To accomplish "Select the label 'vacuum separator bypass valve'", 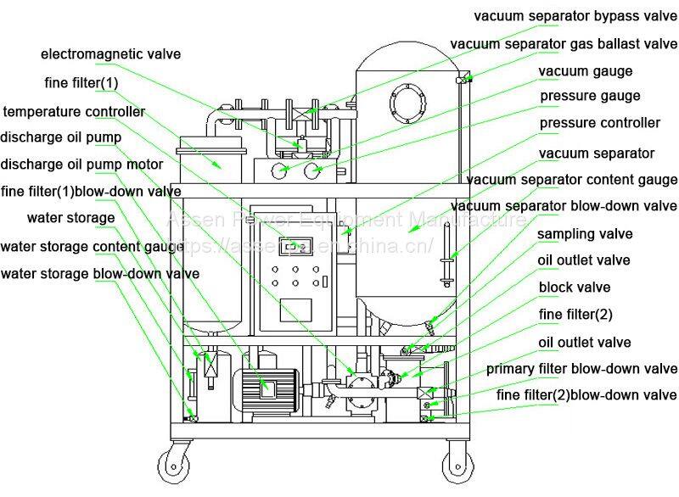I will click(575, 15).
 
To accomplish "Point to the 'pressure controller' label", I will click(600, 123).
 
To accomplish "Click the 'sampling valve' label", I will click(585, 233).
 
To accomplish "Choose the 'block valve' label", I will click(574, 288).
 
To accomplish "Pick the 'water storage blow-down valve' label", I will click(100, 273).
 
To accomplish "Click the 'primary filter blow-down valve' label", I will click(581, 369).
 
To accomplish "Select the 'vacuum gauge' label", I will click(586, 71).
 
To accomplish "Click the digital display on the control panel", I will click(296, 248).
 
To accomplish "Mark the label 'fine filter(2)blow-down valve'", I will click(586, 395).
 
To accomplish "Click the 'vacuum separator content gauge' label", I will click(572, 180).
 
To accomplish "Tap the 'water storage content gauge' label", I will click(93, 247).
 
